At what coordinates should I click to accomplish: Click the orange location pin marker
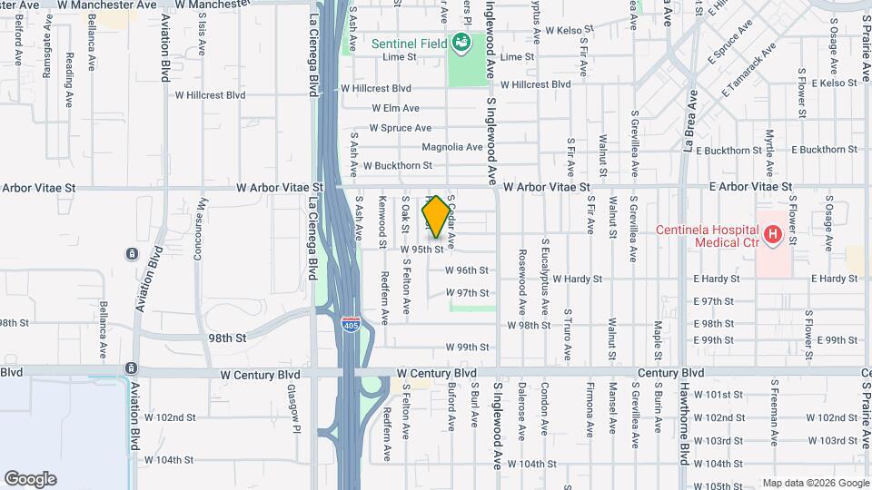436,216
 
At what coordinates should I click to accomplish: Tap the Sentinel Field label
409,42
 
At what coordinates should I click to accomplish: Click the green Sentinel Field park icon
461,42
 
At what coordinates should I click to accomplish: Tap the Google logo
30,479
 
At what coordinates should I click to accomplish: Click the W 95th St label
422,249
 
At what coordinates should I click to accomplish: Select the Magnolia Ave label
451,147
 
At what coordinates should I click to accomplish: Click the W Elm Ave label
395,108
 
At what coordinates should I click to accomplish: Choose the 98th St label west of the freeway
227,337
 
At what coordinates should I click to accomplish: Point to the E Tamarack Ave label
750,71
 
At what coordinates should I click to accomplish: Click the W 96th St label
467,270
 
